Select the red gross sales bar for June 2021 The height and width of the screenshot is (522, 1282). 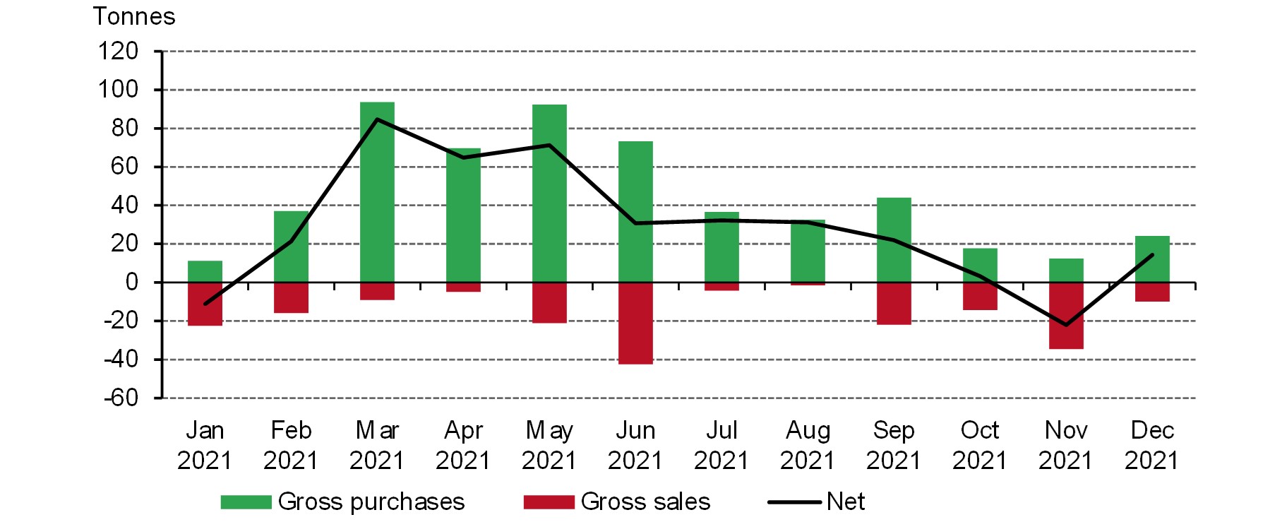[635, 323]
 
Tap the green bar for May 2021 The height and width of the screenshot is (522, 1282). [549, 194]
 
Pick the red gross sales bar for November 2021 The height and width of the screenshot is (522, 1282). [1066, 315]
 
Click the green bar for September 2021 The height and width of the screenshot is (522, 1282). [894, 239]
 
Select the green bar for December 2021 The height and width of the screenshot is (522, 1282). [1152, 259]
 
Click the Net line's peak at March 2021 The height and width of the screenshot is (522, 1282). [377, 119]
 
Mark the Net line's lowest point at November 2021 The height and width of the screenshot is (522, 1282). [1066, 325]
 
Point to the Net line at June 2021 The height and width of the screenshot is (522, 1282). [635, 223]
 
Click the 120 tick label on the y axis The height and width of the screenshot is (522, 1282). [118, 51]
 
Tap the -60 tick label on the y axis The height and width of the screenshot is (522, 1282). [121, 398]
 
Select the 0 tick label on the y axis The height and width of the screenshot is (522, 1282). [131, 283]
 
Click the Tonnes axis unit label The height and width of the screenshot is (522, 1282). [134, 16]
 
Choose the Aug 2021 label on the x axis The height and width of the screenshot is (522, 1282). [808, 445]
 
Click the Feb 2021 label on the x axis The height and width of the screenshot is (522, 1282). [291, 445]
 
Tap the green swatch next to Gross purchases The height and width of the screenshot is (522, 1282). [246, 502]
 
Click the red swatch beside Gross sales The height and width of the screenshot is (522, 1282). [549, 502]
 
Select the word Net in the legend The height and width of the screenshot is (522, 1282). [846, 502]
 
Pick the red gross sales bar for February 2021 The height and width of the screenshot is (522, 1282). [291, 297]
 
